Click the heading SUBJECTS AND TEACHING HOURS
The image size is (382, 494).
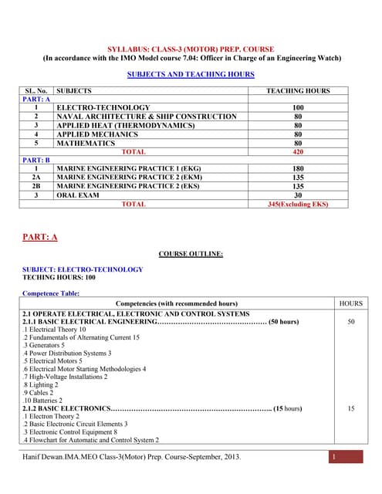point(191,75)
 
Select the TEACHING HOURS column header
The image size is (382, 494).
point(297,91)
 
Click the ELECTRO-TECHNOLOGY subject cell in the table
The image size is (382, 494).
point(103,107)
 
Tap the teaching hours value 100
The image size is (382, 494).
point(297,107)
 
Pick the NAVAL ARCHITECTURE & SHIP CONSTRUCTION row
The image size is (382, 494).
point(147,117)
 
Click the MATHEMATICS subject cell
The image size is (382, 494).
point(86,143)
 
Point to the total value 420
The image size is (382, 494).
point(297,152)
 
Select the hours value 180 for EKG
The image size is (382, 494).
point(297,168)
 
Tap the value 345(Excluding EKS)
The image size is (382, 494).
point(297,205)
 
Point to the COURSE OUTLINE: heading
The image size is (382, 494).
point(191,253)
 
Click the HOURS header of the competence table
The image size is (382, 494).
point(350,303)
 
